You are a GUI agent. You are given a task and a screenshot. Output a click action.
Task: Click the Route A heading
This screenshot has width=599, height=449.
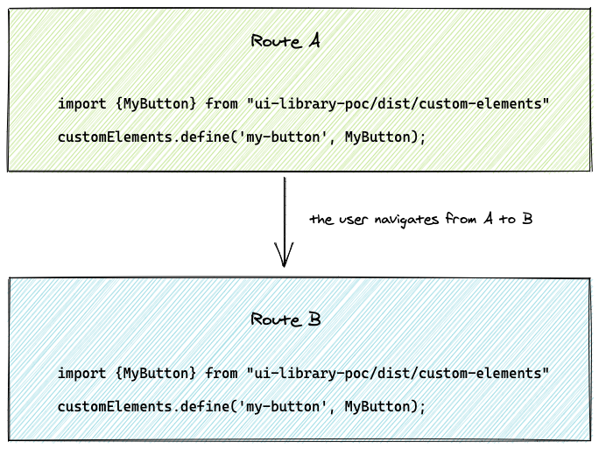pyautogui.click(x=285, y=41)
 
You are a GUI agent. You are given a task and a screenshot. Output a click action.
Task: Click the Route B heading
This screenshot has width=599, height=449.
pyautogui.click(x=285, y=319)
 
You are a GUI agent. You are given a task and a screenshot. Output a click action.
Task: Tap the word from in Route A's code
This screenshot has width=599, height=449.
pyautogui.click(x=223, y=104)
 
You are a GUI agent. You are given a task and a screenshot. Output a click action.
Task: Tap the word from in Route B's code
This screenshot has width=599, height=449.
pyautogui.click(x=223, y=374)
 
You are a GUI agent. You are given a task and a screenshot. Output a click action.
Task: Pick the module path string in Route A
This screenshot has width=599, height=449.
pyautogui.click(x=398, y=104)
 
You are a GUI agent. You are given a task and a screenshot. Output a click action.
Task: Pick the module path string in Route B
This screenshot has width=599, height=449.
pyautogui.click(x=398, y=374)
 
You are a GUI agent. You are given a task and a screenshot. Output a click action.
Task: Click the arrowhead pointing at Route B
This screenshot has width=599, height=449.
pyautogui.click(x=284, y=258)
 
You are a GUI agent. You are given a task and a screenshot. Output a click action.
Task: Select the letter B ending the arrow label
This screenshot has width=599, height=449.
pyautogui.click(x=527, y=219)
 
